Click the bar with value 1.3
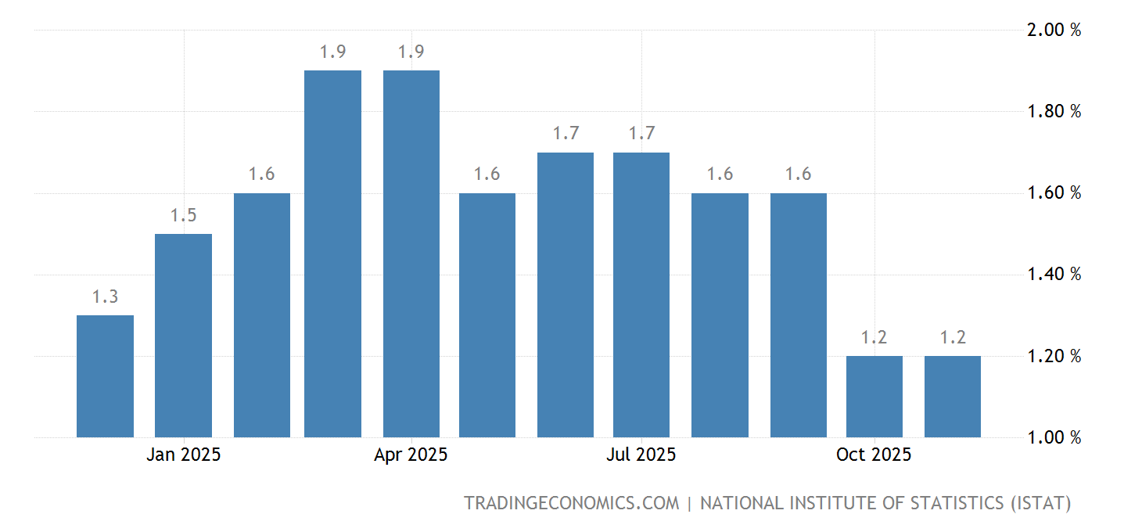105,376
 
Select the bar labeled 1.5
183,336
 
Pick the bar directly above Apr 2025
411,253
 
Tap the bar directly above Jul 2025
641,295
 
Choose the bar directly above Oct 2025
874,397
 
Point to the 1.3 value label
105,297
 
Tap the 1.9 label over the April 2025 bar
411,52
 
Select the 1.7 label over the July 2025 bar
641,134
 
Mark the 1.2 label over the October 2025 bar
874,338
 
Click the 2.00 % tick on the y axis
1054,31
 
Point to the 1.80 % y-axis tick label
1054,112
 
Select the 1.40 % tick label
1054,275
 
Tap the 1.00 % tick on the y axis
1054,437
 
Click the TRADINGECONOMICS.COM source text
572,503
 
